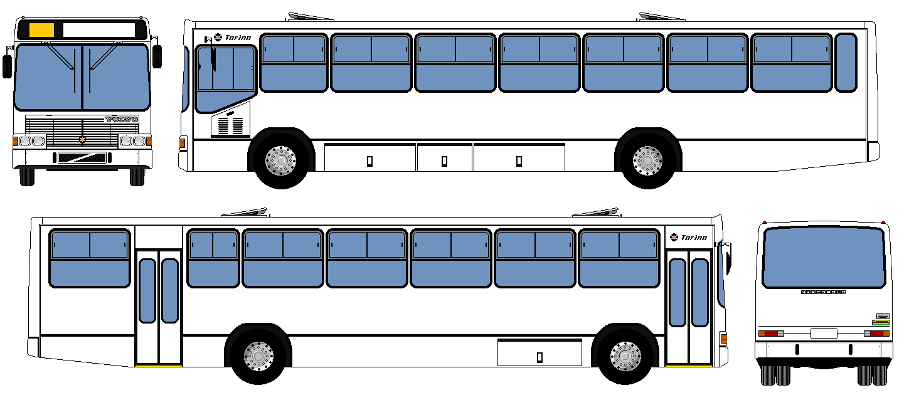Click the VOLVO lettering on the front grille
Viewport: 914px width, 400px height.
[x=121, y=119]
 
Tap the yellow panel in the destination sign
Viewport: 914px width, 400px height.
[x=41, y=29]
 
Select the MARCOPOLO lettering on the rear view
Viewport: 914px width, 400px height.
[x=823, y=292]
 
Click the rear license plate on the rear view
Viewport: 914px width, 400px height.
[x=823, y=333]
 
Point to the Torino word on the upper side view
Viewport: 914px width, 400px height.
[x=238, y=38]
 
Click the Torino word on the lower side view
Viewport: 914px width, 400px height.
[x=693, y=238]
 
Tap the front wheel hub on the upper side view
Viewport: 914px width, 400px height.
[x=280, y=161]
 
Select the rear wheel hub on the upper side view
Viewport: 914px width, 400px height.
[x=647, y=161]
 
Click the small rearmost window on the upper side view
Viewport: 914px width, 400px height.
[x=846, y=63]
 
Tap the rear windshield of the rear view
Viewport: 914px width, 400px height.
[x=823, y=257]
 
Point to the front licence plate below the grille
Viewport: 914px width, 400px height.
[x=82, y=157]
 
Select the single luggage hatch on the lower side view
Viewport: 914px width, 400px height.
[x=539, y=352]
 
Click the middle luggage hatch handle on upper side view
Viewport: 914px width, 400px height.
[x=444, y=161]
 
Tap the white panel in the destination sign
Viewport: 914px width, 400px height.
[x=99, y=29]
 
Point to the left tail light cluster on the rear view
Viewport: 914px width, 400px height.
[x=771, y=334]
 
